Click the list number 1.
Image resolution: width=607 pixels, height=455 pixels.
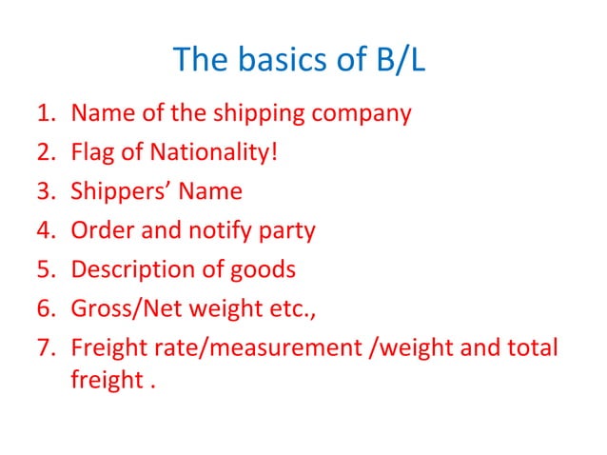click(45, 114)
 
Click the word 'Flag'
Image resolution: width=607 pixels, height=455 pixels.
click(91, 152)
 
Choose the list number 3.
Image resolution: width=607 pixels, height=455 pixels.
click(45, 191)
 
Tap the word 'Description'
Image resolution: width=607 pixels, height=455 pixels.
click(136, 269)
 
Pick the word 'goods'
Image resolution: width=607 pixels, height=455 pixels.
click(263, 269)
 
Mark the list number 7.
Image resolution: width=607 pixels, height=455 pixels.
click(45, 347)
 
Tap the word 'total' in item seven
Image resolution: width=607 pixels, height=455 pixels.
click(534, 347)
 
